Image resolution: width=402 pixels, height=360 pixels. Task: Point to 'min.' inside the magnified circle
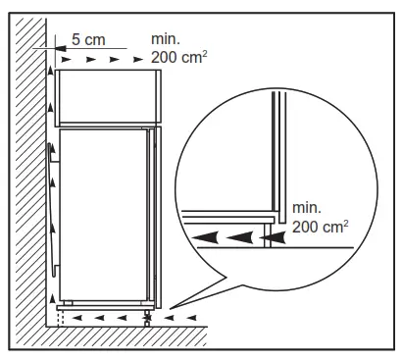point(306,207)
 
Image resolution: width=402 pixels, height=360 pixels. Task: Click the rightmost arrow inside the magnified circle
point(274,236)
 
